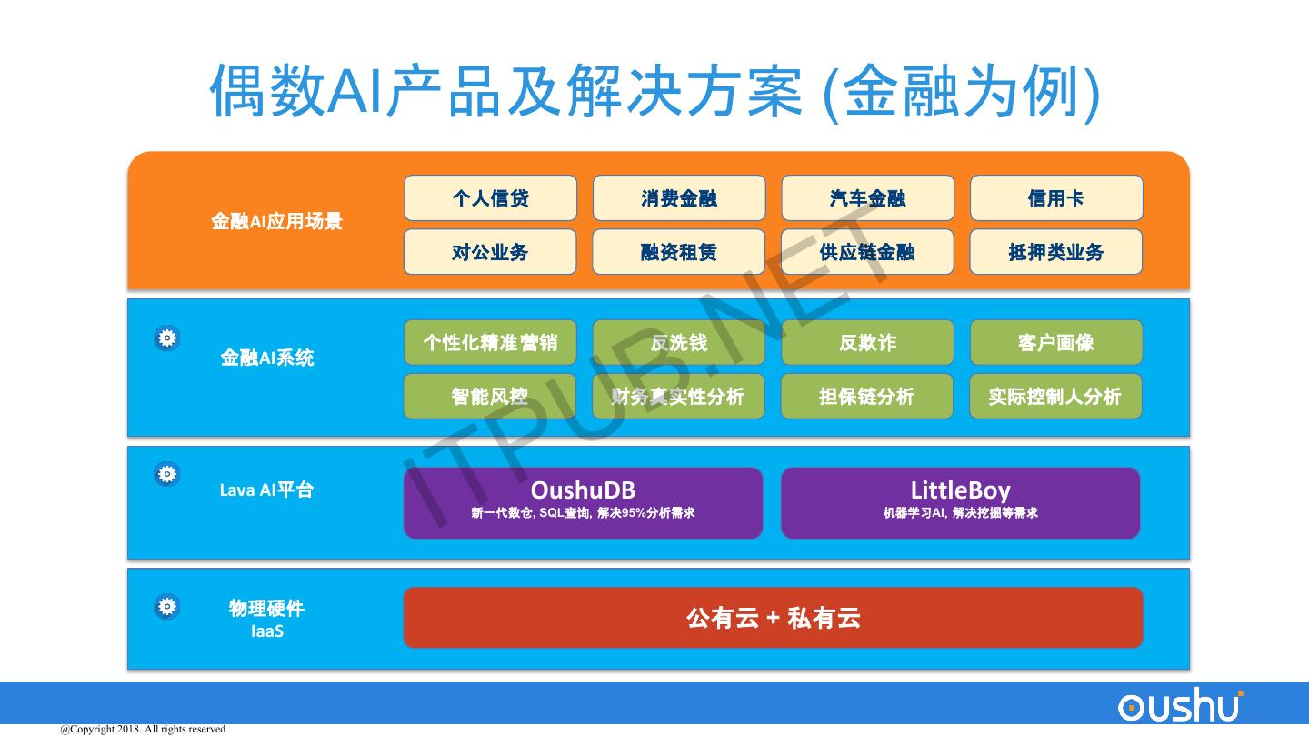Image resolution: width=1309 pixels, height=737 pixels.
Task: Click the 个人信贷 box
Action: pyautogui.click(x=490, y=198)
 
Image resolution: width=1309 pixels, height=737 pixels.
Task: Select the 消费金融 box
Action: pyautogui.click(x=679, y=198)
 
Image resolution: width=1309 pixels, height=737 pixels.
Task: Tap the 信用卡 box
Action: pyautogui.click(x=1056, y=198)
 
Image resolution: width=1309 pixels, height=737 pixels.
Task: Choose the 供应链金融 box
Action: pyautogui.click(x=867, y=252)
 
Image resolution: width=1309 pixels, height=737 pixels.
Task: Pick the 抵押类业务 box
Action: pyautogui.click(x=1055, y=252)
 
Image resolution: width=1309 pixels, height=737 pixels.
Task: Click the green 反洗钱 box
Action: pyautogui.click(x=679, y=343)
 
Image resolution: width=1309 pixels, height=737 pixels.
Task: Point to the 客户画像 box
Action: pyautogui.click(x=1056, y=343)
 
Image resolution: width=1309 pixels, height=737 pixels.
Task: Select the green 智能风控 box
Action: pyautogui.click(x=490, y=397)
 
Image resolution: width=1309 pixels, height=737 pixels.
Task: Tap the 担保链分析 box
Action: pyautogui.click(x=867, y=397)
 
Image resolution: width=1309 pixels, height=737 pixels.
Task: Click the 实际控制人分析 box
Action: pyautogui.click(x=1055, y=397)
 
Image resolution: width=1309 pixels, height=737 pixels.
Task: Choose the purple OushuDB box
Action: pyautogui.click(x=583, y=502)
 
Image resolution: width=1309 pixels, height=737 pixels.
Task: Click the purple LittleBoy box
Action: pyautogui.click(x=960, y=502)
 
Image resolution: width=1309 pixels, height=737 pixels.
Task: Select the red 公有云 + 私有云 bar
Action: pyautogui.click(x=773, y=618)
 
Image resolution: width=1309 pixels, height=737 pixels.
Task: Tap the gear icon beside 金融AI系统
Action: pyautogui.click(x=167, y=338)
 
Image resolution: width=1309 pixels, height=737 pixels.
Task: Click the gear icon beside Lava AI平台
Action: pyautogui.click(x=167, y=474)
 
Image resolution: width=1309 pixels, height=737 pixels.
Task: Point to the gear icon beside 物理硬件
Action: pyautogui.click(x=167, y=607)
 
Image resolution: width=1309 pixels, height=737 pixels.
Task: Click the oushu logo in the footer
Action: pyautogui.click(x=1181, y=706)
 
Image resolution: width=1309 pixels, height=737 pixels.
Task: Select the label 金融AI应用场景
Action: pyautogui.click(x=276, y=221)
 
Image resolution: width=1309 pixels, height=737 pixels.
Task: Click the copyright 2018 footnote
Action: pyautogui.click(x=143, y=729)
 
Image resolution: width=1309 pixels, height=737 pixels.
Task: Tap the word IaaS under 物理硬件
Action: pyautogui.click(x=267, y=631)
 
